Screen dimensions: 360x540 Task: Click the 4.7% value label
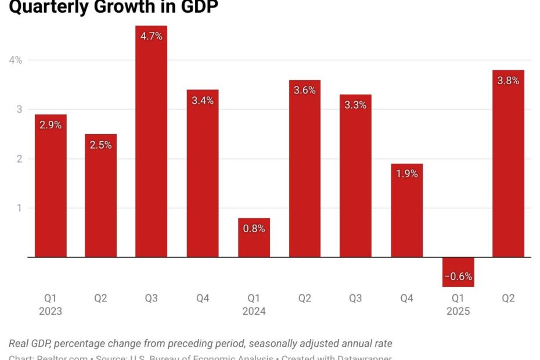click(x=152, y=36)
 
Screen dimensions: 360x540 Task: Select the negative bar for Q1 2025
click(x=458, y=272)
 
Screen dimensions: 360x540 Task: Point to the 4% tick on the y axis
click(x=16, y=60)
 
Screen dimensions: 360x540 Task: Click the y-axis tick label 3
click(x=19, y=109)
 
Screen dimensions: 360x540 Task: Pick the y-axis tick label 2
click(x=19, y=159)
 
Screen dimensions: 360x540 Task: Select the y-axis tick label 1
click(x=19, y=208)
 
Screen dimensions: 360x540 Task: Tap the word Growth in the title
click(x=122, y=7)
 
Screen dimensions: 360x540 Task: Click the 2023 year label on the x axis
click(x=50, y=311)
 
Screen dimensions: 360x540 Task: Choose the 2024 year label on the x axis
click(x=254, y=311)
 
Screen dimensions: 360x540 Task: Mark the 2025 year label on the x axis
click(x=458, y=311)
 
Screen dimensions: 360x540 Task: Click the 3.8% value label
click(x=508, y=81)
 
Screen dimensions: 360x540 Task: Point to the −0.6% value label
click(x=458, y=276)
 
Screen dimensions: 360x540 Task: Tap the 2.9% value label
click(x=51, y=125)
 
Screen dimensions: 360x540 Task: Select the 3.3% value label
click(x=355, y=105)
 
